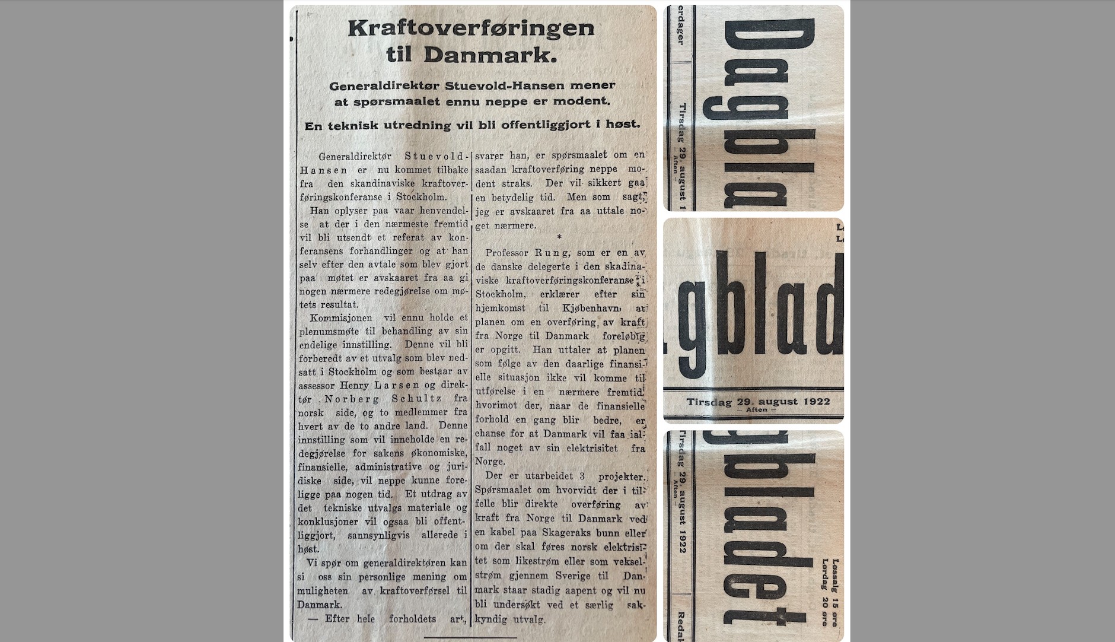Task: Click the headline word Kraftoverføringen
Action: (x=471, y=28)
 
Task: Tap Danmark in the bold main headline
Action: (x=490, y=55)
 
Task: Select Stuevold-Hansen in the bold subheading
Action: (x=505, y=85)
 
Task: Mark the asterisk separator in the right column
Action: (x=559, y=238)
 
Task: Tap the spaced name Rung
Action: (x=552, y=253)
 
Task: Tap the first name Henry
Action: (x=354, y=386)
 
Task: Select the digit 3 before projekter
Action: (x=582, y=476)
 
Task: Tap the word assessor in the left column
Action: (x=317, y=386)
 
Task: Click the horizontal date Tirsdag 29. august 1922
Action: (x=758, y=402)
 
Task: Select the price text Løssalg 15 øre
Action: (x=836, y=584)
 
